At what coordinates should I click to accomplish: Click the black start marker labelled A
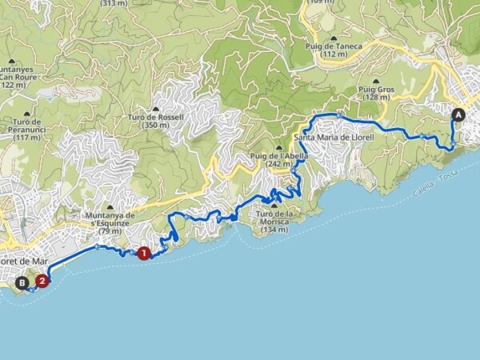(458, 114)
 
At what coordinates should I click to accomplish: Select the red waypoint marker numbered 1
(144, 254)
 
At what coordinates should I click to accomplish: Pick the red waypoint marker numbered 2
(41, 281)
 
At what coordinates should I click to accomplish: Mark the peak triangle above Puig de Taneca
(334, 38)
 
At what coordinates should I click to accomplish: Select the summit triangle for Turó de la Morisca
(274, 206)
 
